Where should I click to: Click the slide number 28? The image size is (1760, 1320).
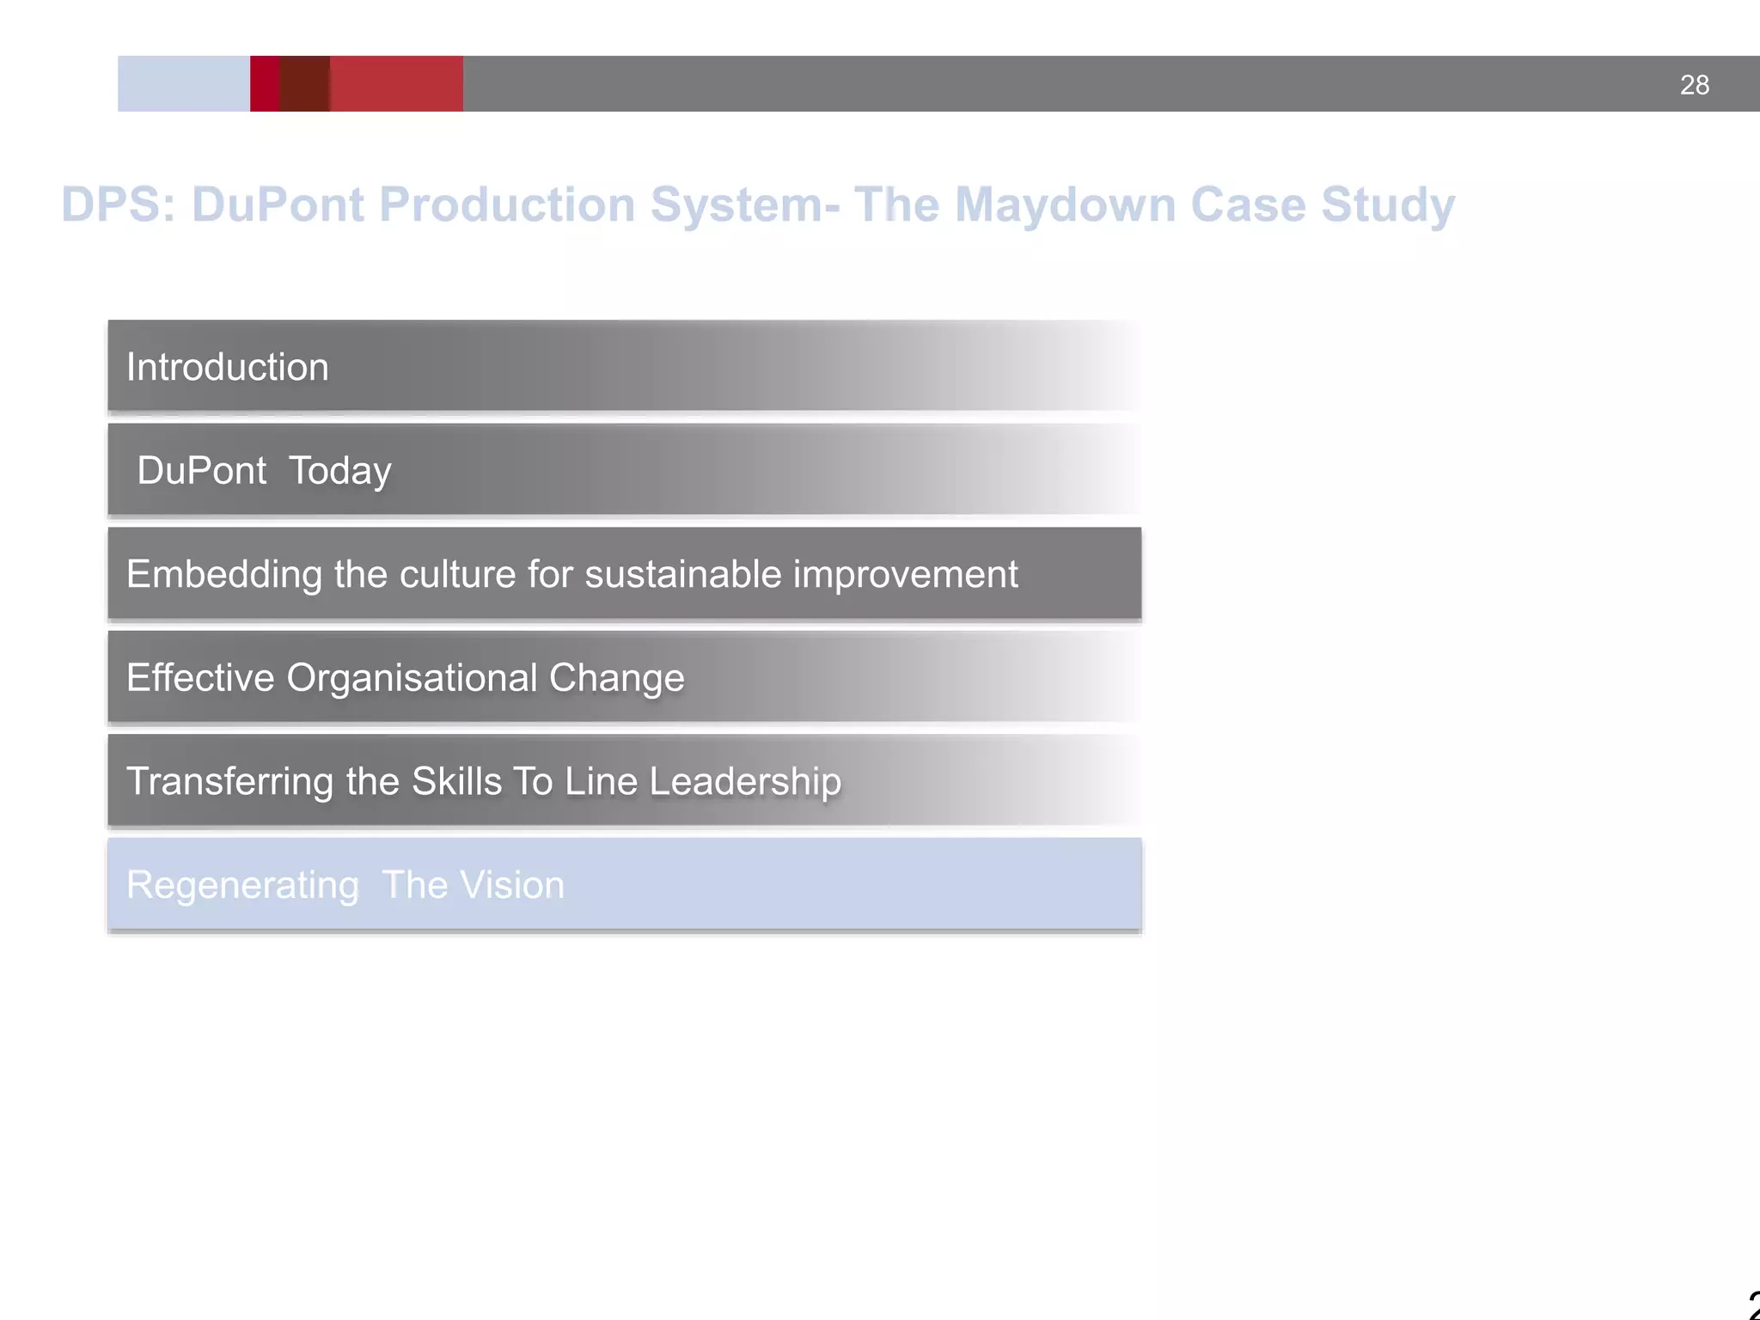[x=1694, y=85]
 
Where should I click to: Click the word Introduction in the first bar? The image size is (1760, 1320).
[x=228, y=368]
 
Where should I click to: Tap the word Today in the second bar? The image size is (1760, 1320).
[x=340, y=472]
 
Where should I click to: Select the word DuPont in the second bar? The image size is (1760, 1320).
[x=202, y=471]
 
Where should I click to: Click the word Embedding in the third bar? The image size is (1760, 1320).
[x=224, y=575]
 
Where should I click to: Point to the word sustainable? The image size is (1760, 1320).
[x=683, y=574]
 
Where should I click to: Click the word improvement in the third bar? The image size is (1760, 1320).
[x=905, y=575]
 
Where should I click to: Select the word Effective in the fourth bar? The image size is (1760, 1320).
[x=200, y=678]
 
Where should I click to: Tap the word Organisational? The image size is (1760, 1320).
[x=412, y=679]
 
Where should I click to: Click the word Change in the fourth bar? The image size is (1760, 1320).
[x=616, y=678]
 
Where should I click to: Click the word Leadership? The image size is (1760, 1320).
[x=745, y=782]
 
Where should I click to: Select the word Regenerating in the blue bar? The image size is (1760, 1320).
[x=242, y=886]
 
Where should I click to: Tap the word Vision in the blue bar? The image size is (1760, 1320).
[x=513, y=885]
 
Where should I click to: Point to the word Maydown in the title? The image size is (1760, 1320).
[x=1065, y=206]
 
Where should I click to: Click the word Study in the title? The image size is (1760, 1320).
[x=1387, y=206]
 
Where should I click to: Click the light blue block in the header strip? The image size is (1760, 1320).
[x=183, y=83]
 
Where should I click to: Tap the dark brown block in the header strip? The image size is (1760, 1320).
[x=305, y=83]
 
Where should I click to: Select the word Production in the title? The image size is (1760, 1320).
[x=507, y=205]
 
